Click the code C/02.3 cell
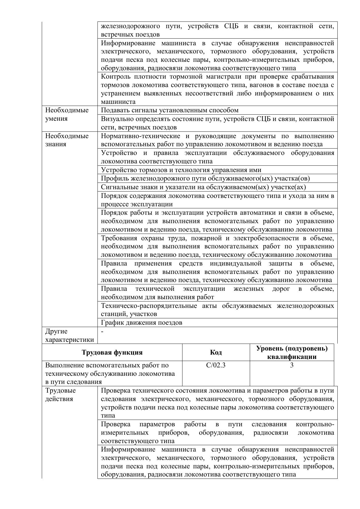pos(216,365)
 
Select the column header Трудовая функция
pos(112,352)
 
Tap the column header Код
pos(216,352)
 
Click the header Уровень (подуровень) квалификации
pos(292,352)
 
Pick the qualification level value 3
pos(292,365)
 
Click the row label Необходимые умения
pos(67,114)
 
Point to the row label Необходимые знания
pos(67,140)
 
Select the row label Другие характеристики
pos(69,335)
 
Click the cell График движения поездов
pos(142,322)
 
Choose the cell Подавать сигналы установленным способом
pos(170,110)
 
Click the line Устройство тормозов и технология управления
pos(181,170)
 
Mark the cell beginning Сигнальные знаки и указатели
pos(203,187)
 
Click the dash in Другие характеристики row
pos(102,331)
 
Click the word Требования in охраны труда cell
pos(119,238)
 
